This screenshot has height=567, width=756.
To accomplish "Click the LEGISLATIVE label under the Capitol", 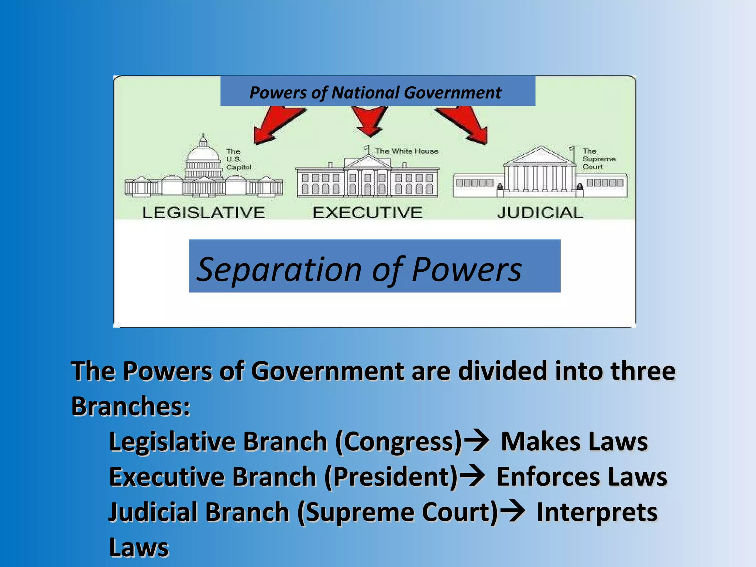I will coord(204,213).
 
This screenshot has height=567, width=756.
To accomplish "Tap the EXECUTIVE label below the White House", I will coord(367,213).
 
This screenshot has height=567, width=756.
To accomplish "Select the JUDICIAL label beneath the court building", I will coord(540,213).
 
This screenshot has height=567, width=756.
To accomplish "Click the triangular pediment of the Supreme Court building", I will coord(541,156).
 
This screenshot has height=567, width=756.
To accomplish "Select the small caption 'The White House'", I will coord(406,151).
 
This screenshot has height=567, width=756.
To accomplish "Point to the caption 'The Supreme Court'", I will coord(598,159).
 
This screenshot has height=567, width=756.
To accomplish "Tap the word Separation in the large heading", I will coord(279,269).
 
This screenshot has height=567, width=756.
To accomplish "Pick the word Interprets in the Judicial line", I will coord(597,512).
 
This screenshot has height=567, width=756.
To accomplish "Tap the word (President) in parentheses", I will coord(391,477).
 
